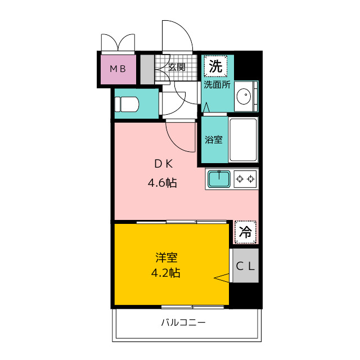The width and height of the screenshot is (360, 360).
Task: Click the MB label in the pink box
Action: (x=118, y=69)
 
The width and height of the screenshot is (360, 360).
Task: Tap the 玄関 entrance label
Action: (x=177, y=67)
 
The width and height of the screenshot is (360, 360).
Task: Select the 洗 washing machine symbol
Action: (x=215, y=66)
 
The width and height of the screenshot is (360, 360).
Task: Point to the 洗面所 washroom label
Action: (x=217, y=85)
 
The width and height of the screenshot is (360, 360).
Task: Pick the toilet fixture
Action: (x=127, y=104)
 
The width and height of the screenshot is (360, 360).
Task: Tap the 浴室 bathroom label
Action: (x=214, y=139)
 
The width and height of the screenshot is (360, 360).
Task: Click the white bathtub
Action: (x=243, y=139)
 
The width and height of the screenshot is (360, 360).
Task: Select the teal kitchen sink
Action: (x=219, y=179)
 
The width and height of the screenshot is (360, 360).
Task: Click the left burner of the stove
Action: (x=240, y=179)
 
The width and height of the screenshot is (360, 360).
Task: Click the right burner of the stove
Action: (x=251, y=179)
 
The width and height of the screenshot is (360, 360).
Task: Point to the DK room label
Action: (x=164, y=164)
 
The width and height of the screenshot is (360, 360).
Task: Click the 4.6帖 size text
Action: (x=163, y=183)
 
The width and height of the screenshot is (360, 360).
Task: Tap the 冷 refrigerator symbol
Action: (x=245, y=232)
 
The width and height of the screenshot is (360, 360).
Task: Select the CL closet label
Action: (x=245, y=266)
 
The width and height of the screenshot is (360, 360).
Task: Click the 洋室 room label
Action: (x=166, y=258)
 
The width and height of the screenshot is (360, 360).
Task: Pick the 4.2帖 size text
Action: (x=165, y=273)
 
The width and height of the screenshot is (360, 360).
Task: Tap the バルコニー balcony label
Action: (x=183, y=322)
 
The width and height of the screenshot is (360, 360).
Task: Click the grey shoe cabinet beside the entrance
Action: (x=147, y=69)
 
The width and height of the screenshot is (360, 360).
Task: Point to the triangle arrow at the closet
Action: (x=222, y=278)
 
